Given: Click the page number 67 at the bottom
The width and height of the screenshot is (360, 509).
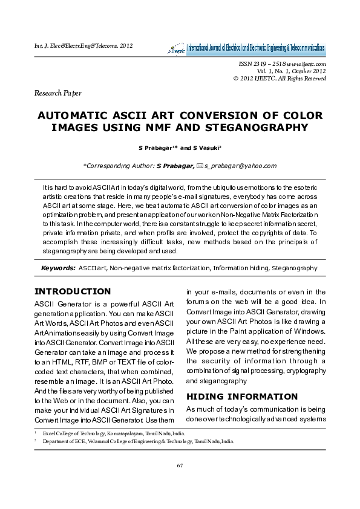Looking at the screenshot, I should click(180, 464).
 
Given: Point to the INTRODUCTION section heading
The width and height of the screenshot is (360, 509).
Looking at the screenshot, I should click(73, 291).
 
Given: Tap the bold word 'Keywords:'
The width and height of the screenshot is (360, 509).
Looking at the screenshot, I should click(58, 267).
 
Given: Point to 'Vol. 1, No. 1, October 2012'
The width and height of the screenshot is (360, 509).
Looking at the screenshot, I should click(287, 71).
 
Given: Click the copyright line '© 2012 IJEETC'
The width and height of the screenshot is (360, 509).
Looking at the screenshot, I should click(280, 79).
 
